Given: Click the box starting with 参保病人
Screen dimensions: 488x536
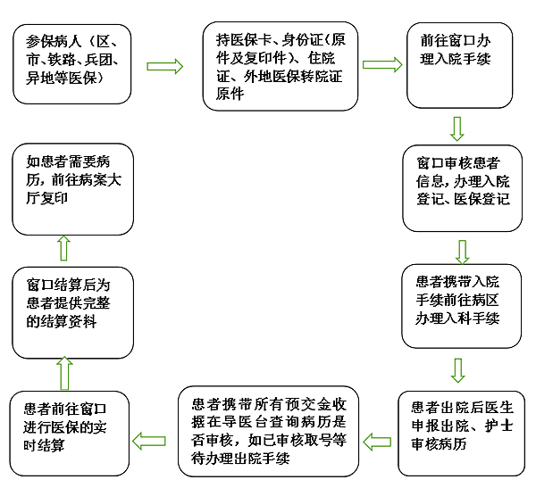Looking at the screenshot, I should (71, 62).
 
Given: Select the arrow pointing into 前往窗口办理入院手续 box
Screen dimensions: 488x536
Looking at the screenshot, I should (382, 65).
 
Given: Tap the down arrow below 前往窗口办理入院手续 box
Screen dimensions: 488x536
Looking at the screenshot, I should (457, 129).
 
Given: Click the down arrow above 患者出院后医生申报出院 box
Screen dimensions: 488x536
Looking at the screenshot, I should (458, 369).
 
